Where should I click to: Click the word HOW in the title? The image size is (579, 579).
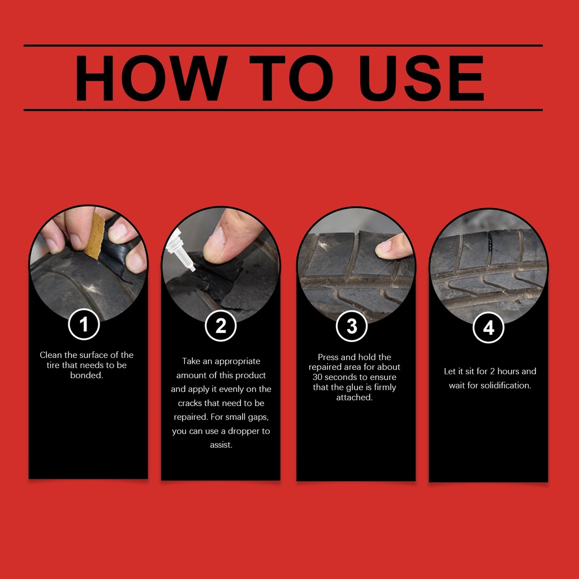tap(151, 78)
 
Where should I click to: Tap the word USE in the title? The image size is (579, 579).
tap(422, 78)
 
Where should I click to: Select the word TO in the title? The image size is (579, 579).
tap(291, 78)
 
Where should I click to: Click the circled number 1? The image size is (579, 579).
tap(84, 324)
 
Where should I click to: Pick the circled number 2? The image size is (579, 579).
tap(221, 326)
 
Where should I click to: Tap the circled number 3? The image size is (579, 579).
tap(352, 326)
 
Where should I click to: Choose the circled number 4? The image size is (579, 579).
tap(489, 327)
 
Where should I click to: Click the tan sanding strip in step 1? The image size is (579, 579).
tap(94, 236)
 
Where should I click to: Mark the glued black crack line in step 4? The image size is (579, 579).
tap(490, 242)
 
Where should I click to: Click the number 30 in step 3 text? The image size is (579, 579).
tap(318, 377)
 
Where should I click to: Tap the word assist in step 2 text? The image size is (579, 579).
tap(221, 445)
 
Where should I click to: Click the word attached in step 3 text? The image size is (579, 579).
tap(354, 397)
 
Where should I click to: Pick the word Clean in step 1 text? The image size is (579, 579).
tap(50, 355)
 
